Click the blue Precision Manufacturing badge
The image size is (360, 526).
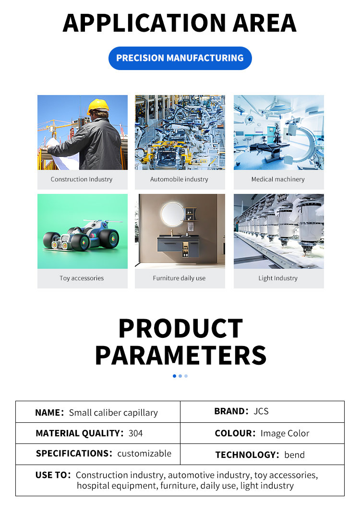[180, 58]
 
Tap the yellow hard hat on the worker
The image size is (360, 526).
[98, 106]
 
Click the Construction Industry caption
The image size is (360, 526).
[82, 179]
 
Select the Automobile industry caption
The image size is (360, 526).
[179, 179]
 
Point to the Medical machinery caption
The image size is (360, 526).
[278, 179]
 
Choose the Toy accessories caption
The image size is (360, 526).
[82, 278]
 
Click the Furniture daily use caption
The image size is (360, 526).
[179, 278]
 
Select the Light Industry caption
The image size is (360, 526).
[278, 278]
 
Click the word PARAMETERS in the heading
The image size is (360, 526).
[180, 355]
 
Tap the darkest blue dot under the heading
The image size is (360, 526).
[174, 376]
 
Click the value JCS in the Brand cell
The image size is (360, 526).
[261, 412]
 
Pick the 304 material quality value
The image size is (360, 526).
[136, 433]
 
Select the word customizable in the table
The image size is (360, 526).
[144, 454]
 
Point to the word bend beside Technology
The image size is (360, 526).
[294, 455]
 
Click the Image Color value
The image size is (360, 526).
[285, 433]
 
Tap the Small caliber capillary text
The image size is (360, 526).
[113, 413]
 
